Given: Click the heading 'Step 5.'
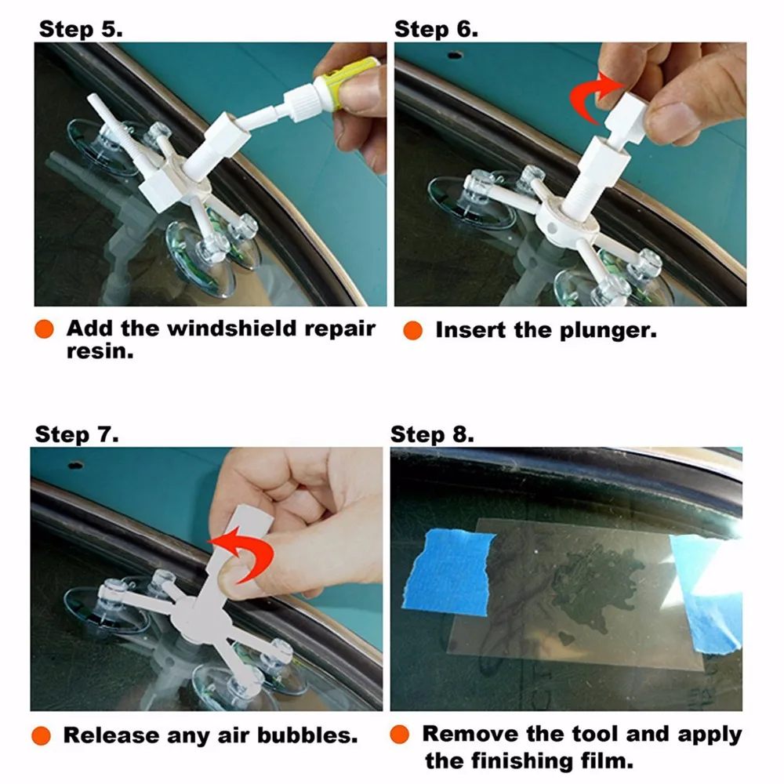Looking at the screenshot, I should [x=81, y=30].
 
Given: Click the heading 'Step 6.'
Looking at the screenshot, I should [x=436, y=30].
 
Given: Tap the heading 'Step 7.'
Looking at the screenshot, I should [x=77, y=434].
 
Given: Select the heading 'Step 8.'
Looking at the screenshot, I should [x=432, y=434].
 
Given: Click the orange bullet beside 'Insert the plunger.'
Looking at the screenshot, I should [x=412, y=330].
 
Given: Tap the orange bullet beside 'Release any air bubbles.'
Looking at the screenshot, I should [x=42, y=735].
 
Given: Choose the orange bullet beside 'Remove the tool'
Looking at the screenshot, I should [x=400, y=735].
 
